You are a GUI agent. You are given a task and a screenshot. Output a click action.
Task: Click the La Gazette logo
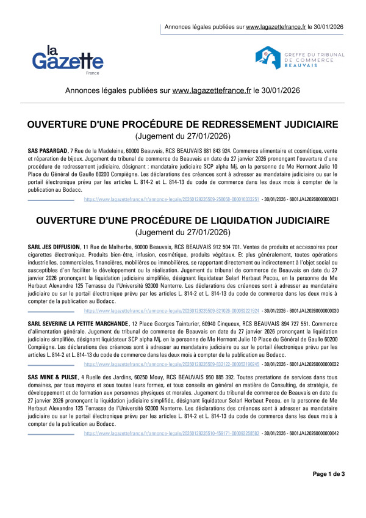click(x=67, y=58)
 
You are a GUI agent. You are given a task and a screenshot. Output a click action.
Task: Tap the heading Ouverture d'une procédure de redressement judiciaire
click(x=183, y=125)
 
